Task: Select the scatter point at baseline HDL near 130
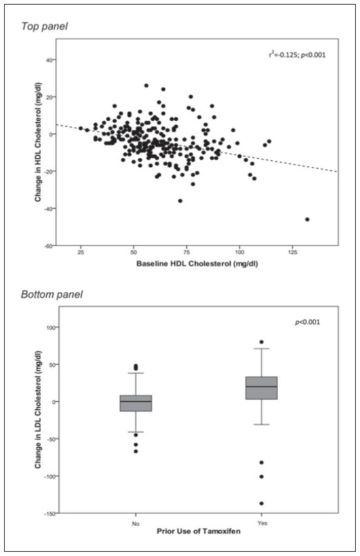(x=307, y=219)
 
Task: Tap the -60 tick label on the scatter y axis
(x=49, y=246)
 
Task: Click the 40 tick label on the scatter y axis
(x=50, y=59)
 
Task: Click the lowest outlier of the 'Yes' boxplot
(x=261, y=504)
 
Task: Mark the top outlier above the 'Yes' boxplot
(x=261, y=342)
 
